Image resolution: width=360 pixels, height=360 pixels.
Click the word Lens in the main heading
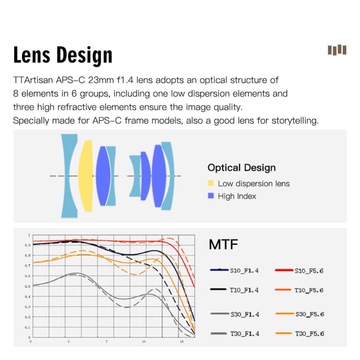32,55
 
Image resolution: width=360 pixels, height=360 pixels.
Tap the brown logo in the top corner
337,50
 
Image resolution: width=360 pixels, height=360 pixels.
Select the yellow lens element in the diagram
86,176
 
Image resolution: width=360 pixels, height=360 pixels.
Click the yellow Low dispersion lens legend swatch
210,183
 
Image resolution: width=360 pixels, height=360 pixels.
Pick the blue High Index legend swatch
210,196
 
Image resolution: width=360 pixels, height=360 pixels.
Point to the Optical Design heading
241,168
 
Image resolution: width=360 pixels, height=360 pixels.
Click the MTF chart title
223,244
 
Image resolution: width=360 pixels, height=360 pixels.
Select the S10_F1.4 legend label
244,271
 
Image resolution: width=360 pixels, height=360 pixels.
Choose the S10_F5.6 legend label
309,271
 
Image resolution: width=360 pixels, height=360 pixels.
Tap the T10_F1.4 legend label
244,290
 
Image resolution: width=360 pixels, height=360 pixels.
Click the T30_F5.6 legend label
310,334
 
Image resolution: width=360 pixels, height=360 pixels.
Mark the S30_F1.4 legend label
245,314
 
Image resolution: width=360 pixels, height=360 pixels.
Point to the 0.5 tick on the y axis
27,286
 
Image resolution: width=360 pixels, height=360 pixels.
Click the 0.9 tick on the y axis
27,245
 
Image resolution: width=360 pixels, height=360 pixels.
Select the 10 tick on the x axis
144,342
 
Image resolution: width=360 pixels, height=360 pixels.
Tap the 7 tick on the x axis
107,342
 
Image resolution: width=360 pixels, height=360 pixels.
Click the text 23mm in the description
101,80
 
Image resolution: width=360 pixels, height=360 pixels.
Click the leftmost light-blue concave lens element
69,176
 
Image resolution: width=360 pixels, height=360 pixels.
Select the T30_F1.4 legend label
245,334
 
